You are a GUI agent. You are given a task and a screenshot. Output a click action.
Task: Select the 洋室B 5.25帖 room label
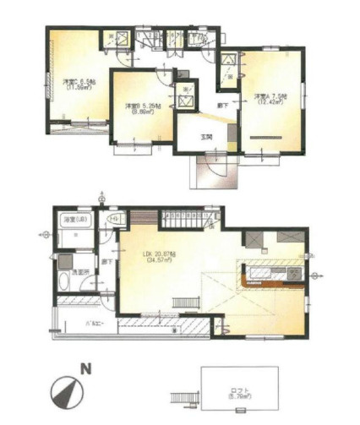pyautogui.click(x=142, y=106)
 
